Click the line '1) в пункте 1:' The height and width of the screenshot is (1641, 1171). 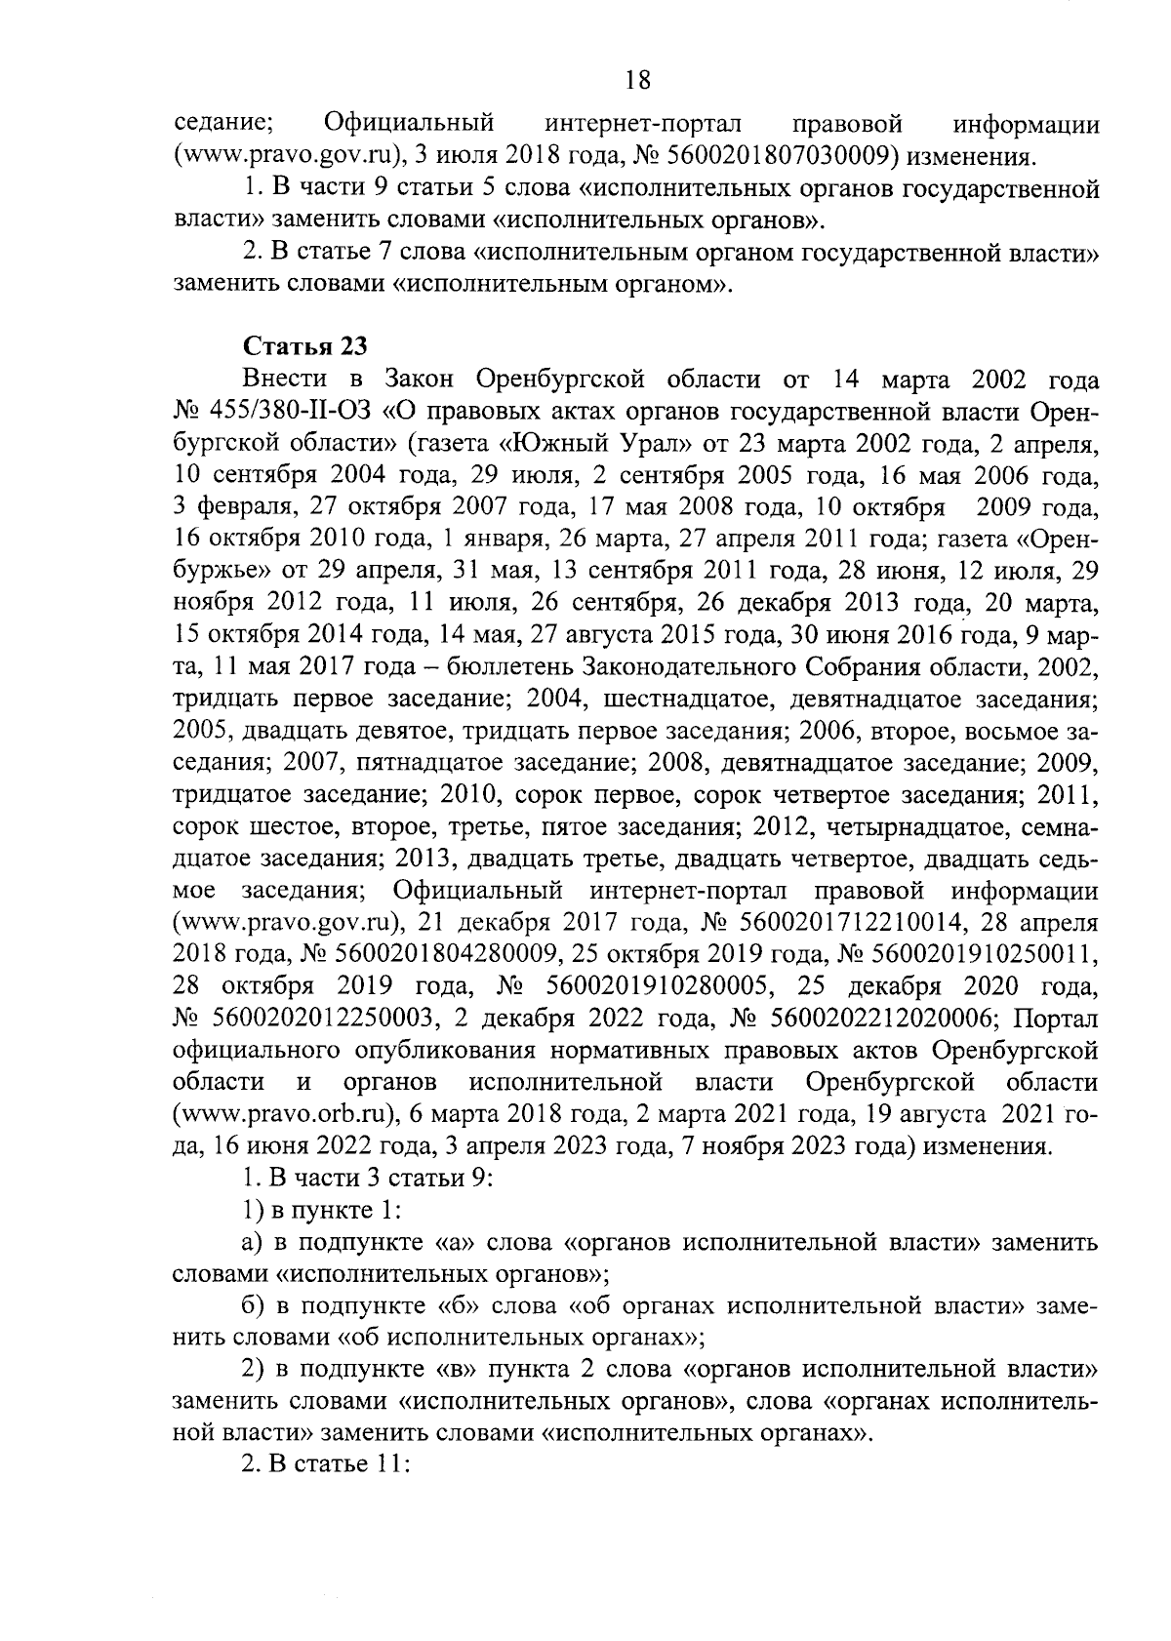(x=321, y=1211)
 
